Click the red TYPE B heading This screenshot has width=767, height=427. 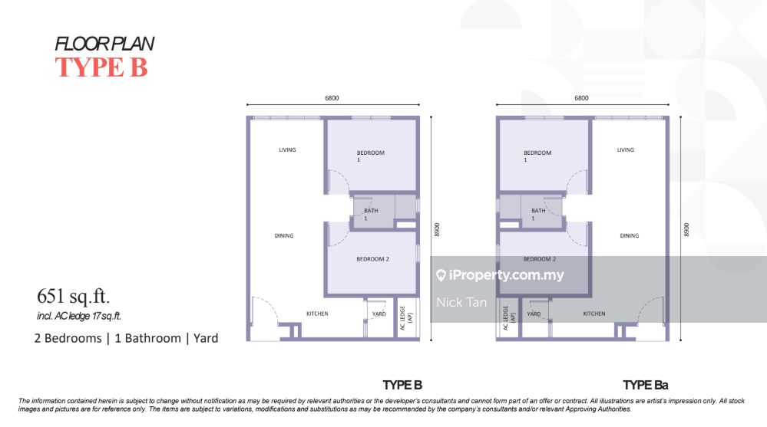click(101, 67)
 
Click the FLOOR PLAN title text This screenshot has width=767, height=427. click(104, 44)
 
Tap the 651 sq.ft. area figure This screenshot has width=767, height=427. click(74, 296)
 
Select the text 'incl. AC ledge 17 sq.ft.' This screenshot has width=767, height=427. click(79, 316)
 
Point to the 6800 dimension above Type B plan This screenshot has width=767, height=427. click(332, 98)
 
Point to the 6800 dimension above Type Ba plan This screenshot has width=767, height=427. click(581, 98)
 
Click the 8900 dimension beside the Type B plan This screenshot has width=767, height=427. click(437, 230)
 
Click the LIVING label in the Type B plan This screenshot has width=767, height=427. click(288, 150)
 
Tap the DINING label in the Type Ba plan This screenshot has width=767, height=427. click(629, 235)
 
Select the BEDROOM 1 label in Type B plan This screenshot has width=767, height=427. click(370, 156)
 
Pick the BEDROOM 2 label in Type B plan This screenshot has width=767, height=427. click(372, 259)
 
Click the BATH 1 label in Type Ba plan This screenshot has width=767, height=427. click(538, 214)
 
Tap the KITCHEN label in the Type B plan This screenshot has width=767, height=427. click(317, 314)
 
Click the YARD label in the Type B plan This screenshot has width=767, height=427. click(379, 314)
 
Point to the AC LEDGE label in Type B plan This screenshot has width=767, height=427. click(406, 318)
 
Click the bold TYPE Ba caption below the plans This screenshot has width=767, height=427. click(645, 385)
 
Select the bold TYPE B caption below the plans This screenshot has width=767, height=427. click(402, 385)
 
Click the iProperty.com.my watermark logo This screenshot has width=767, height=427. click(500, 275)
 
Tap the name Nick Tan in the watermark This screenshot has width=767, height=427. click(461, 302)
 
